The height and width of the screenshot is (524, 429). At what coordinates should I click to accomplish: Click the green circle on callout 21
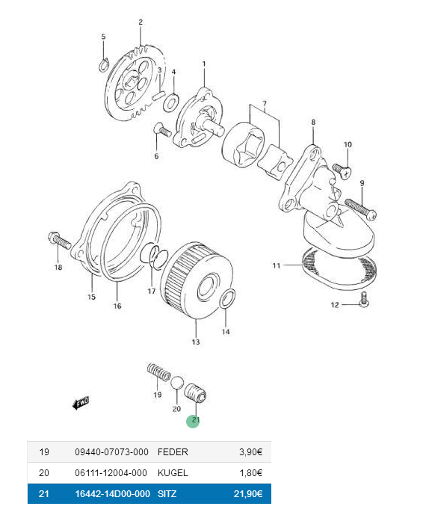pos(193,421)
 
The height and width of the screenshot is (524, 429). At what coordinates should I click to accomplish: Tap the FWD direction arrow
pos(81,403)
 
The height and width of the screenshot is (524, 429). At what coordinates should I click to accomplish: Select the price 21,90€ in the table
pos(248,493)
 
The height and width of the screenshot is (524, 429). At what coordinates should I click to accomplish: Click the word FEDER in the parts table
pos(173,452)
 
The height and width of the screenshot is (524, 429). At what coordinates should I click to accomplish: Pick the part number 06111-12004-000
pos(111,473)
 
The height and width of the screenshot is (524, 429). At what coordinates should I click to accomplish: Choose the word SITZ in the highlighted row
pos(167,493)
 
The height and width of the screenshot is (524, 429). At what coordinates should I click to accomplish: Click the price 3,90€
pos(250,452)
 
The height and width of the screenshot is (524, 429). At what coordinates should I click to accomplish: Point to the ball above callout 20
pos(177,383)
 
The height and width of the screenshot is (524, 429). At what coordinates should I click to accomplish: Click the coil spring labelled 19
pos(158,372)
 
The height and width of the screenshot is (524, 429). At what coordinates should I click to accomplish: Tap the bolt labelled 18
pos(60,240)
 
